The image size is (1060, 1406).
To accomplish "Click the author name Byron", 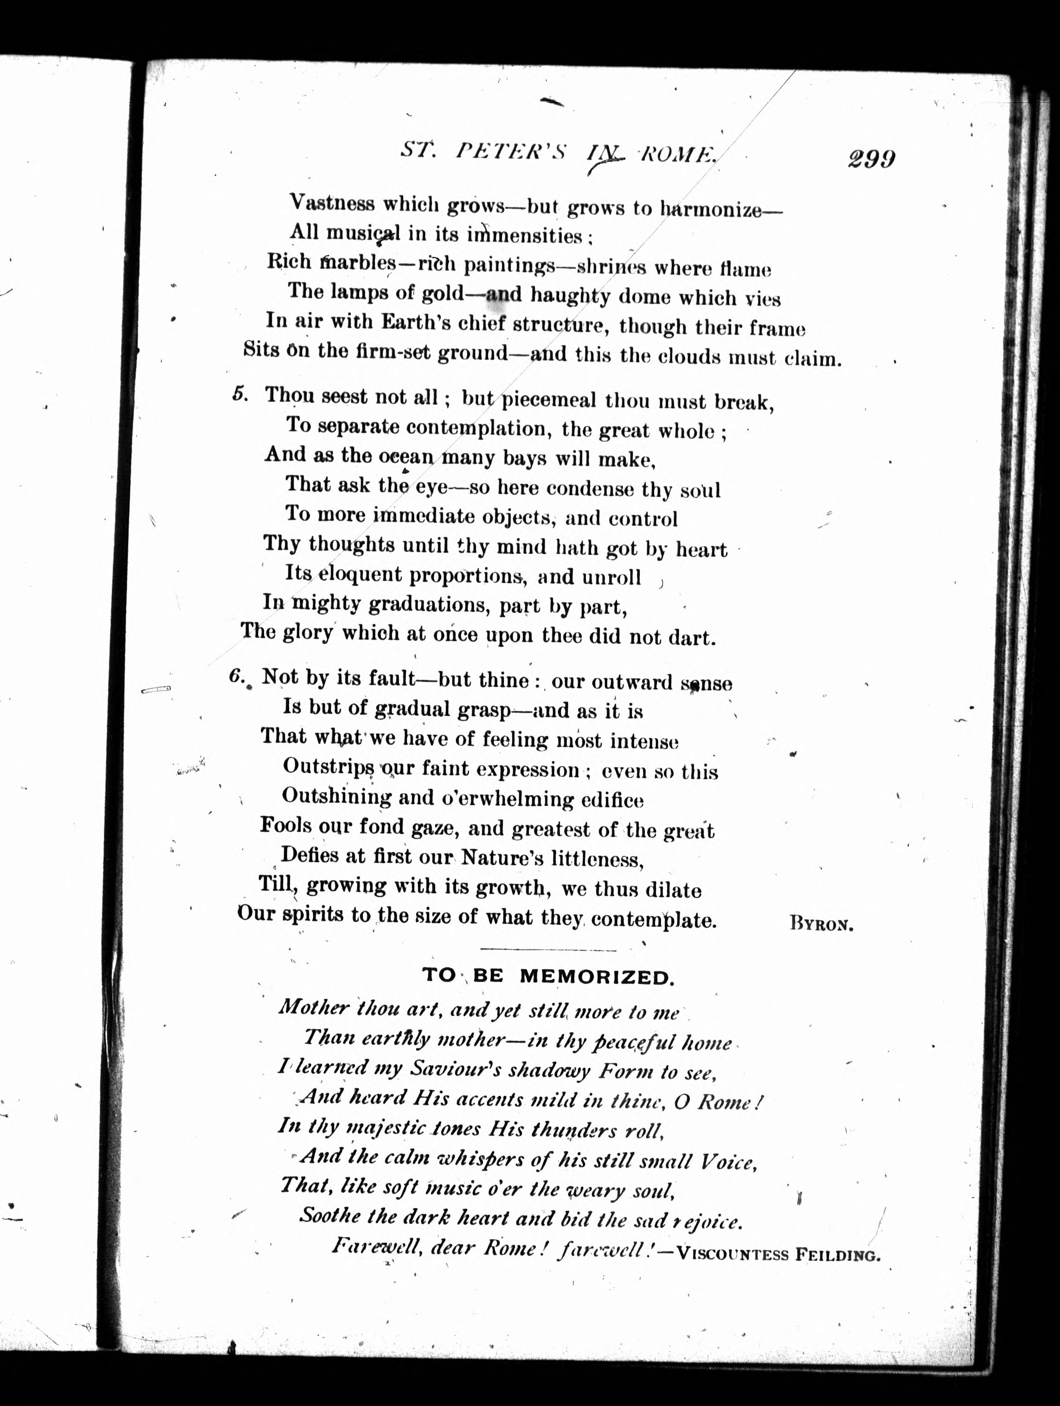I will coord(821,924).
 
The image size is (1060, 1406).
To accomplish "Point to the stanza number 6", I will coord(236,677).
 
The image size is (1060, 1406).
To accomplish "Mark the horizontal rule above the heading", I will coord(549,950).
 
